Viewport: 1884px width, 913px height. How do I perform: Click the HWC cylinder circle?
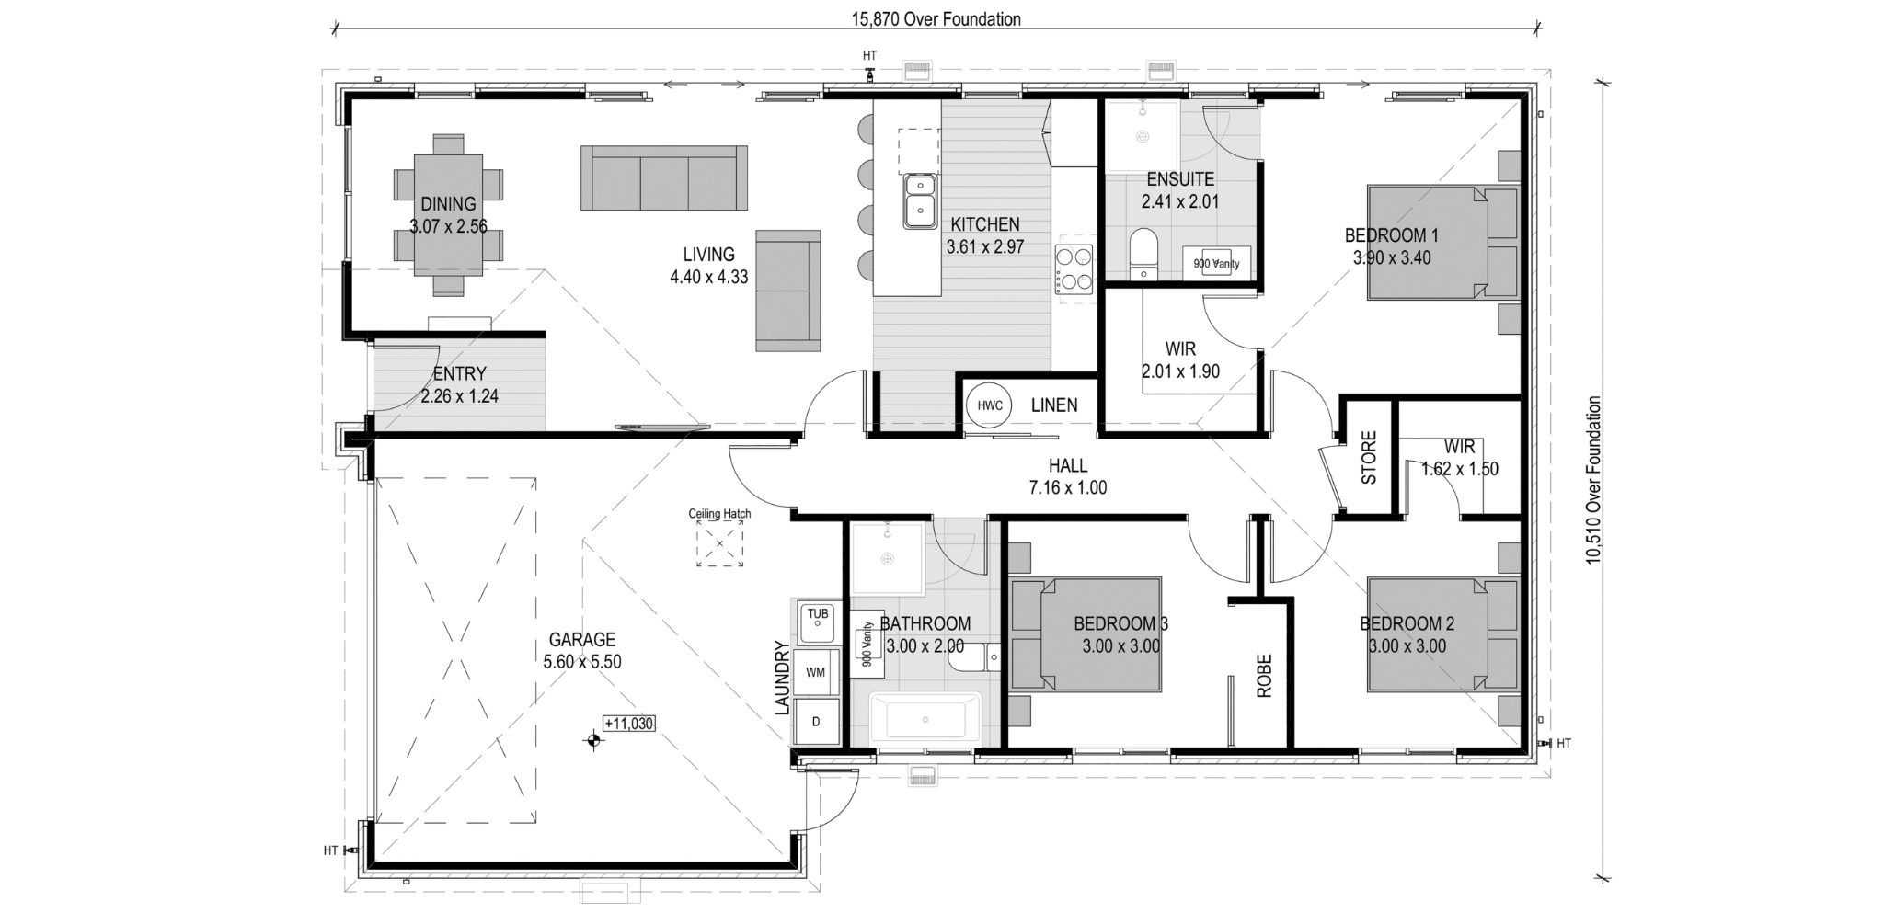pos(989,405)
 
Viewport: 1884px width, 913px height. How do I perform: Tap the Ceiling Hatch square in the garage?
pos(719,544)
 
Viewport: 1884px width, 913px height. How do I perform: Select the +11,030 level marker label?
pos(629,724)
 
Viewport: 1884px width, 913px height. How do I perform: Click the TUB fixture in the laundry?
pos(816,622)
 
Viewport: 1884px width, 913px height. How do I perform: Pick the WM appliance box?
pos(815,672)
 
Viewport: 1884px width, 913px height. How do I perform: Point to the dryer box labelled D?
pos(815,722)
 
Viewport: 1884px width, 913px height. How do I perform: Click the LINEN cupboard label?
pos(1053,405)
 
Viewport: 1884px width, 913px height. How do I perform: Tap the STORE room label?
pos(1369,458)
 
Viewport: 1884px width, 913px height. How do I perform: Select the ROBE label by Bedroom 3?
pos(1264,676)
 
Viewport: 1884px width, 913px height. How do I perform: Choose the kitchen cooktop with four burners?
pos(1074,267)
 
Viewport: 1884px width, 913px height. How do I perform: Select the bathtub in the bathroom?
pos(925,719)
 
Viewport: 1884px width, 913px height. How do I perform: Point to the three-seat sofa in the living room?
pos(663,177)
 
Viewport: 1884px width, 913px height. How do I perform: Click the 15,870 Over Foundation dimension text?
pos(936,19)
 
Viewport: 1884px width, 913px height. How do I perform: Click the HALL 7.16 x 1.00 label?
pos(1067,476)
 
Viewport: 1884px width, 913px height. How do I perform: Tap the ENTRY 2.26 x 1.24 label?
pos(459,385)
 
